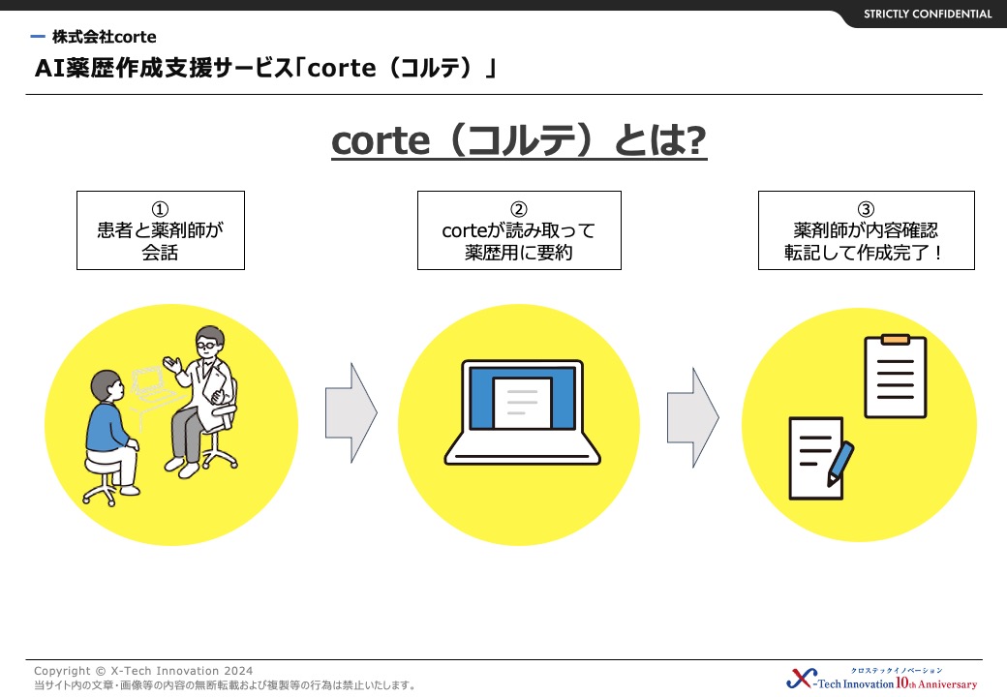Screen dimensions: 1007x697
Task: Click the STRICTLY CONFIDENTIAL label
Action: coord(928,15)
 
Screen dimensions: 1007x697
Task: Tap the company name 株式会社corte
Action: coord(104,37)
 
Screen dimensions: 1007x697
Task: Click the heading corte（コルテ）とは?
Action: coord(519,140)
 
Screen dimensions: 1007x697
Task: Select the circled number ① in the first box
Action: coord(160,209)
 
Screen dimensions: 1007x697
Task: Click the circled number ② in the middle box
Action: coord(519,209)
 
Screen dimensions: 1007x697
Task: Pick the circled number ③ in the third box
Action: coord(866,209)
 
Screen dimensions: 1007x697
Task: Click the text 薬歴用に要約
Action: coord(519,253)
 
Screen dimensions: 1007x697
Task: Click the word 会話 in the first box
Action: coord(160,253)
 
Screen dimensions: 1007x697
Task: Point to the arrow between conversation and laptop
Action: coord(351,412)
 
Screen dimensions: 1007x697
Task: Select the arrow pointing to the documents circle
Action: coord(693,417)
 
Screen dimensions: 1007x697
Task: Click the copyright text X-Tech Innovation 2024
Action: coord(182,671)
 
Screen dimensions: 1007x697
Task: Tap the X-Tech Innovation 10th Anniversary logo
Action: coord(882,679)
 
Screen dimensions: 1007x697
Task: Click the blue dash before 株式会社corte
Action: coord(38,37)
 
